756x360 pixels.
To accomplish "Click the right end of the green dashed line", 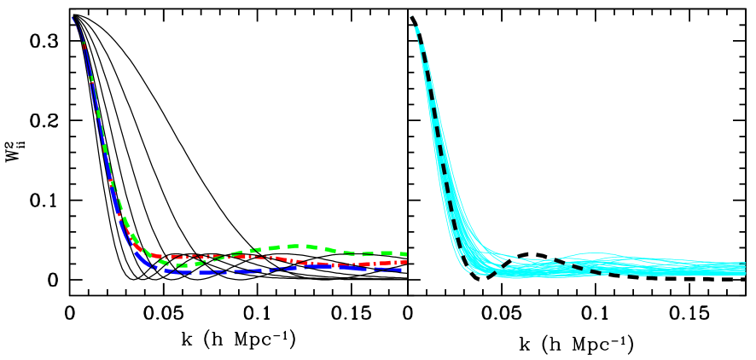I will pos(404,253).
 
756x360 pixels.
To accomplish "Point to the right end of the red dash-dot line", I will pos(404,262).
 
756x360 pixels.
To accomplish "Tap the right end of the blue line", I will pos(401,270).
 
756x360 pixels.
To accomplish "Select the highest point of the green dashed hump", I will pos(294,247).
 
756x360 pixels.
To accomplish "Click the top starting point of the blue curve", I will pos(73,16).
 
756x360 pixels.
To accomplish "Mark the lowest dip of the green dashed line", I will pos(181,264).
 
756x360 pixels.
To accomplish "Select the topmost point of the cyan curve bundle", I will pos(416,28).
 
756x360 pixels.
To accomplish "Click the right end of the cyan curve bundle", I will pos(744,269).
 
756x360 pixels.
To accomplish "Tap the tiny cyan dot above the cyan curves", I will pos(412,16).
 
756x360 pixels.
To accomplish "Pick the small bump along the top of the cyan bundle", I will pos(589,253).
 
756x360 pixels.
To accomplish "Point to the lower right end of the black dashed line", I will pos(597,272).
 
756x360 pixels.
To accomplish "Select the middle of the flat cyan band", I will pos(614,268).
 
